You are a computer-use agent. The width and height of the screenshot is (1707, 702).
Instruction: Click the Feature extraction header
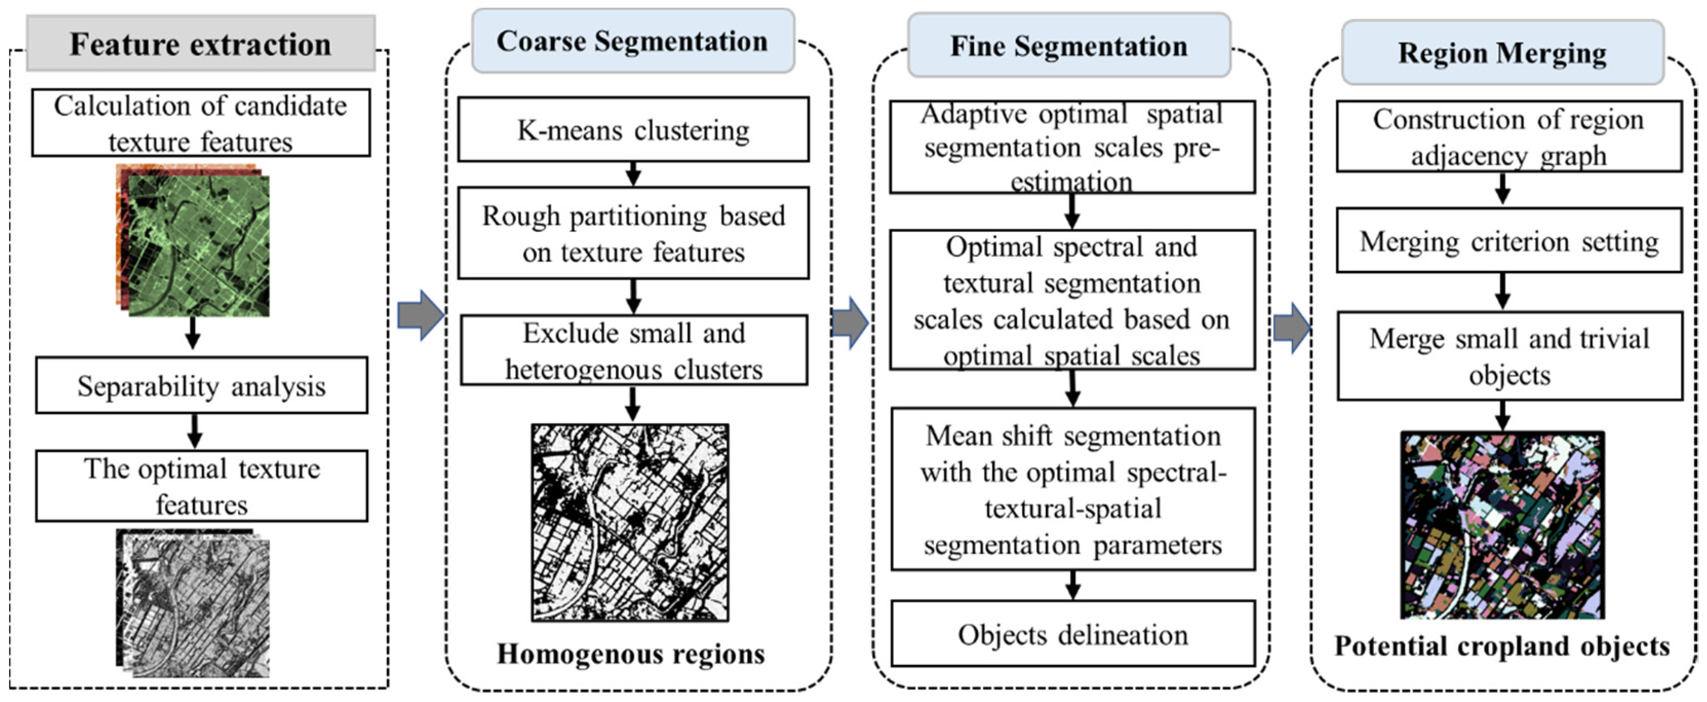[x=200, y=44]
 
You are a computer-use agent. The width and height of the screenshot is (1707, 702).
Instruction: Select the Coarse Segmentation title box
[x=632, y=41]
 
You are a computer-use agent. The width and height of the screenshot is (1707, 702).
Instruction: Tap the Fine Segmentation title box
[x=1068, y=46]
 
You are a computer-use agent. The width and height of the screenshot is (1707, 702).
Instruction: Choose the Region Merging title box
[x=1502, y=52]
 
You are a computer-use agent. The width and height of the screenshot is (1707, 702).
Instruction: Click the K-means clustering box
[x=633, y=130]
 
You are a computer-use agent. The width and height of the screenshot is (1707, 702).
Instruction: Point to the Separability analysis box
[x=202, y=386]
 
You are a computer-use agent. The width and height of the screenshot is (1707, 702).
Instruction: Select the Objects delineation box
[x=1072, y=634]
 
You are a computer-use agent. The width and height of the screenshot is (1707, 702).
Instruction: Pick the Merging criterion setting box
[x=1509, y=241]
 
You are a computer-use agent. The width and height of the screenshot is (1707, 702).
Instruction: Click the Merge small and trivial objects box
[x=1509, y=356]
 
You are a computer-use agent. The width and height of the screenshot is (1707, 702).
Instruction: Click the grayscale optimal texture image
[x=193, y=603]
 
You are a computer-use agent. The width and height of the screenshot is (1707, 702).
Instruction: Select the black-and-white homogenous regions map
[x=630, y=522]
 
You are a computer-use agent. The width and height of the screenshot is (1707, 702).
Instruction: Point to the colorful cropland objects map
[x=1502, y=525]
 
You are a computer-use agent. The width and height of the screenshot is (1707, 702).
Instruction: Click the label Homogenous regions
[x=631, y=654]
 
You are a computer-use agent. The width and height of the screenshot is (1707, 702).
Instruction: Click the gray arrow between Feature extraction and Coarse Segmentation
[x=420, y=316]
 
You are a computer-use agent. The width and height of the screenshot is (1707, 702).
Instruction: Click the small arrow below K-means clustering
[x=633, y=173]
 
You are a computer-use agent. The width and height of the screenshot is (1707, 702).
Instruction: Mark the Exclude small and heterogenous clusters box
[x=634, y=350]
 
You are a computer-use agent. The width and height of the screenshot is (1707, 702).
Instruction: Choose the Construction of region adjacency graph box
[x=1509, y=136]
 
